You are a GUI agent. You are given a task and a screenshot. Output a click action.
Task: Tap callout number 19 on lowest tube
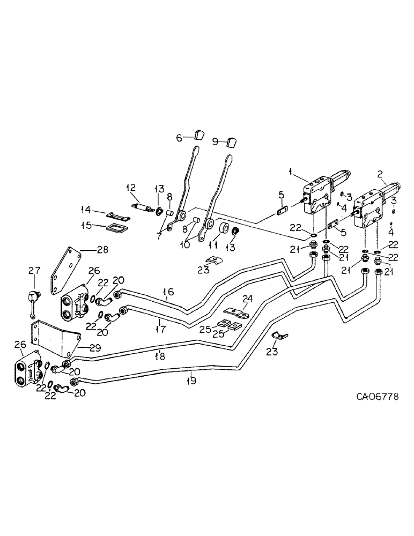click(x=191, y=381)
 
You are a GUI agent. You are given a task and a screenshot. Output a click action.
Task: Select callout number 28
click(x=102, y=250)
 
